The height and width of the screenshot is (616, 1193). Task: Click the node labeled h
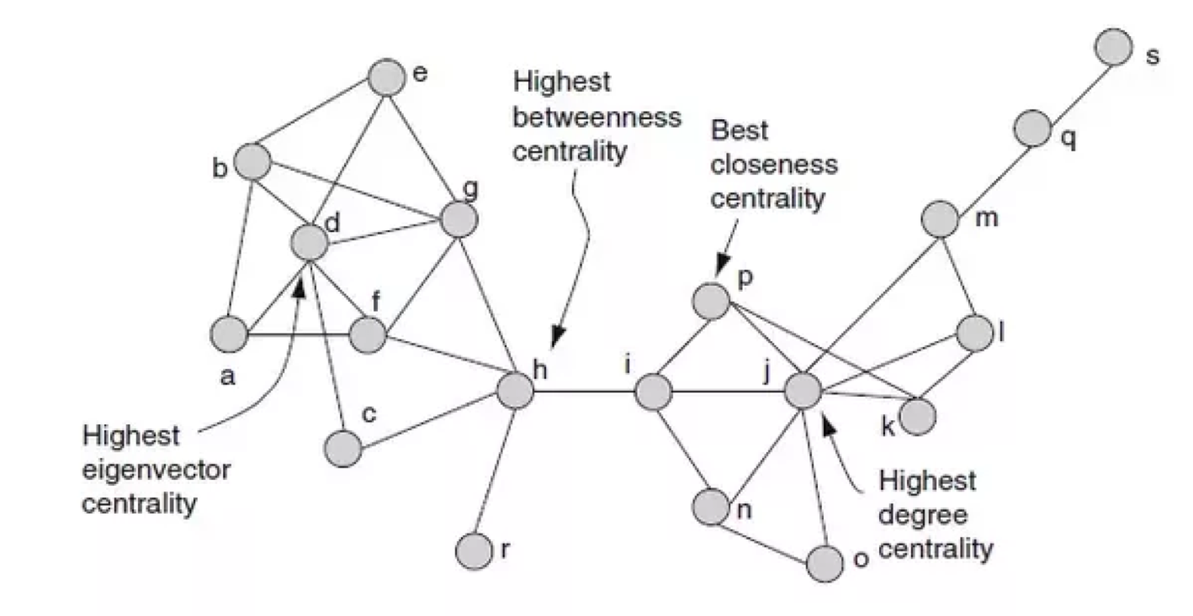coord(516,390)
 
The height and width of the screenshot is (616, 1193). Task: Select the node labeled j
coord(803,390)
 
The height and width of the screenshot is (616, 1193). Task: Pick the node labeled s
coord(1113,47)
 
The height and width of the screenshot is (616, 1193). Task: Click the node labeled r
coord(473,550)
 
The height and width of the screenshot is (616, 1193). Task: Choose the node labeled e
coord(386,77)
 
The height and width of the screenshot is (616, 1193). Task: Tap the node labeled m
coord(939,220)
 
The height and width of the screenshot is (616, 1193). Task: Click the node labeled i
coord(653,391)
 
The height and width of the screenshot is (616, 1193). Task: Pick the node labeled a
coord(228,335)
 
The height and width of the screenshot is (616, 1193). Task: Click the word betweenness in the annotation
coord(596,118)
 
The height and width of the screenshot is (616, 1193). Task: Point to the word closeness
coord(775,165)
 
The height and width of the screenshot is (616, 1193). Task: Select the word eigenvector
coord(156,470)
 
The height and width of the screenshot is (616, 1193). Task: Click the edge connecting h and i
coord(584,391)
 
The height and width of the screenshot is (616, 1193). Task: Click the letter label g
coord(472,190)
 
